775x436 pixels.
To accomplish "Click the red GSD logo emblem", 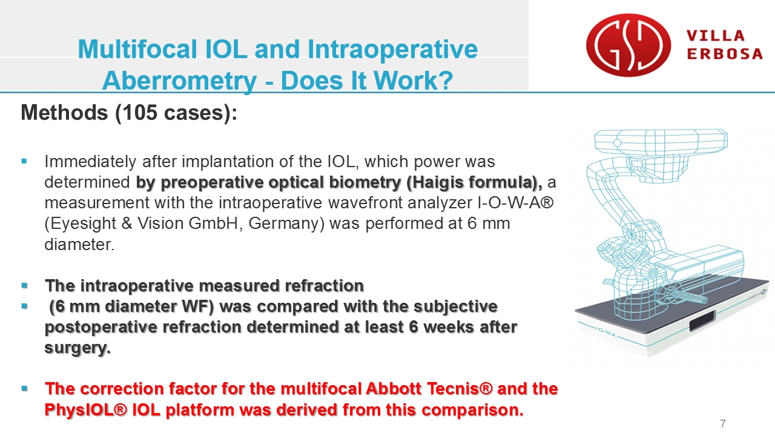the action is point(628,45).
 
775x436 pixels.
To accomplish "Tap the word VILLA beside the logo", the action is point(716,36).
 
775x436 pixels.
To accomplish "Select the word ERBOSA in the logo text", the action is point(725,54).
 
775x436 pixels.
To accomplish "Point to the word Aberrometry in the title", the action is point(179,81).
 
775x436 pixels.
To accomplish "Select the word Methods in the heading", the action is point(64,113).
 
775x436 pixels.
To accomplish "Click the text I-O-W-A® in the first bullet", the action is point(515,203).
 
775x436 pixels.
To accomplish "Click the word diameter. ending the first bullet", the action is point(79,244).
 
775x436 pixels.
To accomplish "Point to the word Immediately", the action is point(91,162).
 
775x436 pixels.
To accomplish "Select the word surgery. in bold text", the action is point(78,348).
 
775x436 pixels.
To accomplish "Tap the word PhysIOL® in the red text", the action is point(85,410).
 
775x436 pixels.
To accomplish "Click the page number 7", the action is point(723,423).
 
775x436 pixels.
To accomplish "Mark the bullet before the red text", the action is point(24,388).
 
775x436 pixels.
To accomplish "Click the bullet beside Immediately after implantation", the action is point(24,161).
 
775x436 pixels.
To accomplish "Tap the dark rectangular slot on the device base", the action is point(703,322).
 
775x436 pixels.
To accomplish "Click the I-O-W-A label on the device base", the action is point(605,331).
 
